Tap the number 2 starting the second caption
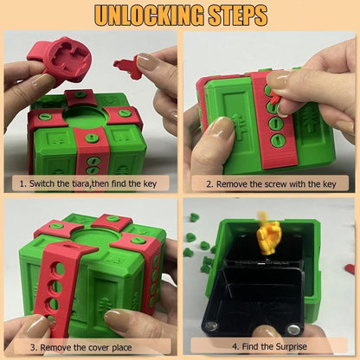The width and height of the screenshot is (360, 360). pyautogui.click(x=209, y=183)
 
